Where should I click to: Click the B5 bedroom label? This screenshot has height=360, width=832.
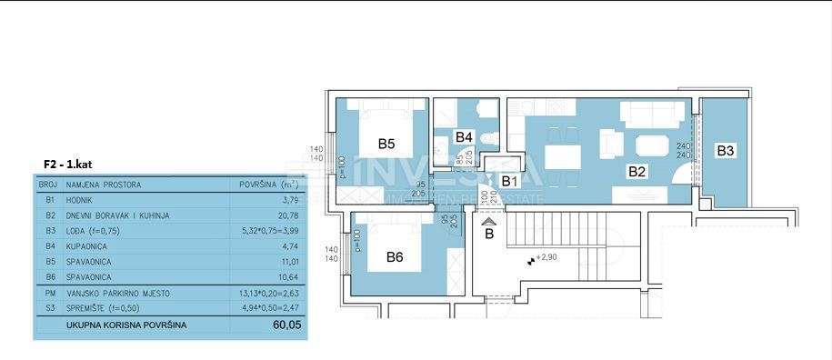[386, 144]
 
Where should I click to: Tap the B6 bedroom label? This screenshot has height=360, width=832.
[395, 257]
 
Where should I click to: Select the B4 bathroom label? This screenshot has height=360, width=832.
[465, 137]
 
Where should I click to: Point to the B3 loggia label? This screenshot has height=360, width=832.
[725, 151]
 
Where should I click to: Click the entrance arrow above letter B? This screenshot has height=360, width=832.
[489, 220]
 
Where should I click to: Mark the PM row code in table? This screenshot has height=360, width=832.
[50, 294]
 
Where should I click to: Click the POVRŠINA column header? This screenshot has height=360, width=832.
[260, 185]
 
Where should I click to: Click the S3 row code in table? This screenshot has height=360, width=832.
[50, 309]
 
